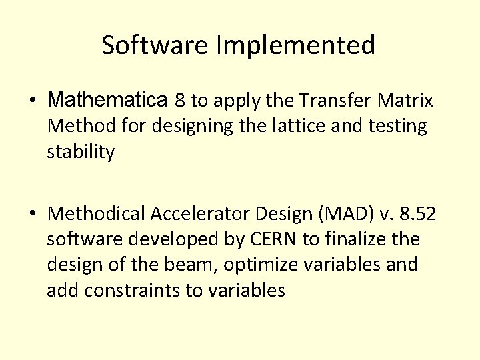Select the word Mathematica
(x=107, y=101)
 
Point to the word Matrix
(x=405, y=101)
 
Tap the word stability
(x=81, y=152)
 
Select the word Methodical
(x=97, y=213)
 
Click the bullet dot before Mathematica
(x=33, y=101)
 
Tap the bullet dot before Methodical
(x=33, y=214)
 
